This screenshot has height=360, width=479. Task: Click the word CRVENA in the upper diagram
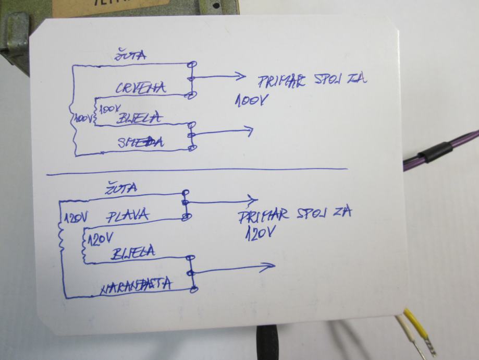click(x=141, y=88)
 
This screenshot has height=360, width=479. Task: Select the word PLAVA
click(x=128, y=214)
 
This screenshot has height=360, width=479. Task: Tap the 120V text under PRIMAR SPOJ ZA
click(x=260, y=231)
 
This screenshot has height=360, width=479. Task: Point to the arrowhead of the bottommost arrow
click(x=271, y=267)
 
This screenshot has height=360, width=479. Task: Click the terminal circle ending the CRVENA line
click(x=192, y=94)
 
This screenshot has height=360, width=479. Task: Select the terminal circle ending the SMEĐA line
click(x=193, y=148)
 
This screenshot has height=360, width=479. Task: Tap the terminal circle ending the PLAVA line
click(x=186, y=216)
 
